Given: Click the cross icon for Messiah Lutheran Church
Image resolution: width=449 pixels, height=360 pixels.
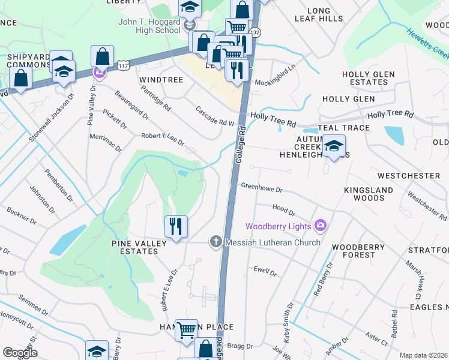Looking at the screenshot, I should coord(216,242).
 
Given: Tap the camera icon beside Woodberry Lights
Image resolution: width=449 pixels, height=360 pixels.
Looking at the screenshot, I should coord(321,226).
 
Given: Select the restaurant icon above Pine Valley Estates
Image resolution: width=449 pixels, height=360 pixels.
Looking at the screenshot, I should coord(176,227).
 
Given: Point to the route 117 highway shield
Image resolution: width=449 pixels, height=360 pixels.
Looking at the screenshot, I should coord(123,64).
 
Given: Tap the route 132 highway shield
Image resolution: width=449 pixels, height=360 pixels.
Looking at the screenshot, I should coord(256,32).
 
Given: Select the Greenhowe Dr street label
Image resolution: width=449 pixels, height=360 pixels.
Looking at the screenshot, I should coord(261,188).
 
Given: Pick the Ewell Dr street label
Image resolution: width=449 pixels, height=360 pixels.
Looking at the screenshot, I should coord(265,271).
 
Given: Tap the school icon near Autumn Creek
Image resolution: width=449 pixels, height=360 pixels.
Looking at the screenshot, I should coord(334,146).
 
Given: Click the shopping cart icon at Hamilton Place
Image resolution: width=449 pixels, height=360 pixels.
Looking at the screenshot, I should coord(187,329).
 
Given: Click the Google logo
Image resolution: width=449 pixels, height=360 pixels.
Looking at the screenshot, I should coord(20,353).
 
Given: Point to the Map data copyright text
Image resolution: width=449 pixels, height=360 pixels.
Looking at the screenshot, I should coord(423,355).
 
